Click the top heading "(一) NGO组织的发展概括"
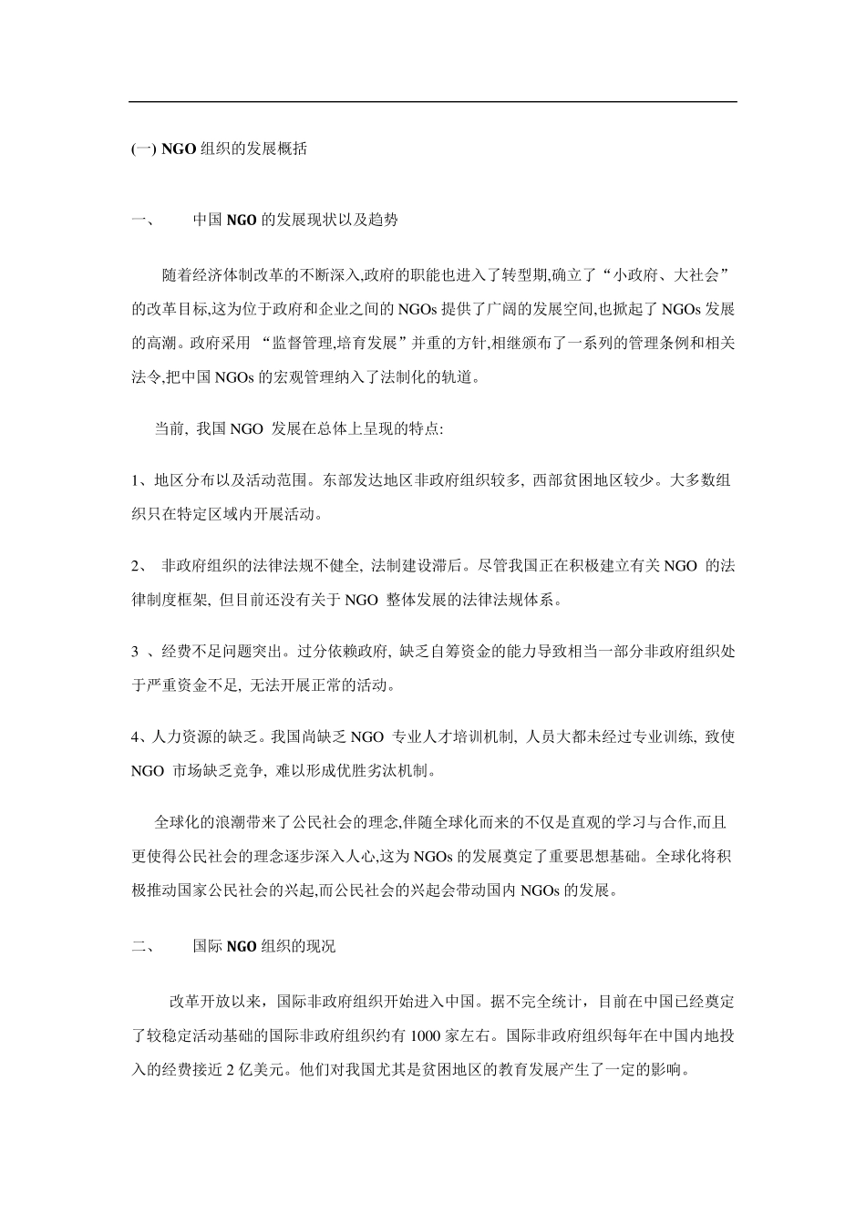tap(219, 149)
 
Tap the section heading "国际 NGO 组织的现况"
tap(263, 946)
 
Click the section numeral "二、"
tap(144, 946)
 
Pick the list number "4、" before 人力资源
tap(139, 736)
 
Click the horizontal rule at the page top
tap(432, 101)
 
